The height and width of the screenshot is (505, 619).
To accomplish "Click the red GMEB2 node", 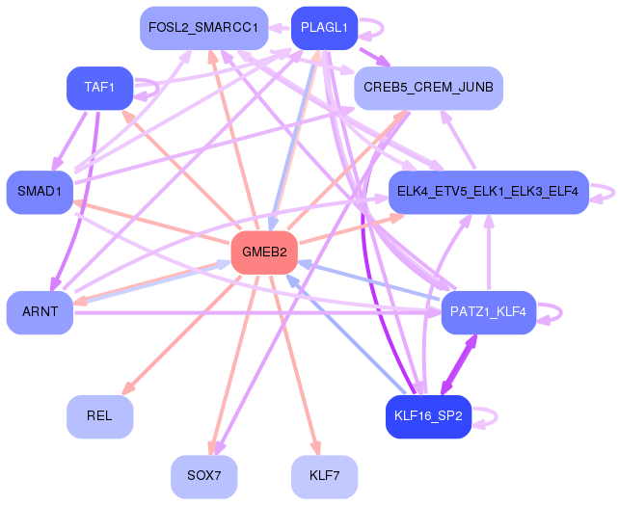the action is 264,252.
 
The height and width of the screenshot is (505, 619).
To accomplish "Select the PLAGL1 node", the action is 325,28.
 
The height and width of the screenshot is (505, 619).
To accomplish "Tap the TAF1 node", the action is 100,88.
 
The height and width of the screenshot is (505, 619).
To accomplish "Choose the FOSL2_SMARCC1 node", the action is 204,28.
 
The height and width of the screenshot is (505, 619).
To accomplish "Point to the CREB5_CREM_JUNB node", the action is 428,88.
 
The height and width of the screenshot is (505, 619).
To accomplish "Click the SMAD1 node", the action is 40,192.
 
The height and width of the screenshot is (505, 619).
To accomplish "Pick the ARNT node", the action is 40,312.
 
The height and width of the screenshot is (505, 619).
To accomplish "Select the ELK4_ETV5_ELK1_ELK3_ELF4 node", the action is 489,192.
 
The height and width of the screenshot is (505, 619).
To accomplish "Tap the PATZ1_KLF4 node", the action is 489,312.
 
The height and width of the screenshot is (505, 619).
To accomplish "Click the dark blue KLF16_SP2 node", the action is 428,416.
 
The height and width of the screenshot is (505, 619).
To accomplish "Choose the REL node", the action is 100,416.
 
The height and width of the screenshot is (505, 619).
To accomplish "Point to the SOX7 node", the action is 204,477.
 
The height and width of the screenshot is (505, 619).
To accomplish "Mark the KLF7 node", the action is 325,477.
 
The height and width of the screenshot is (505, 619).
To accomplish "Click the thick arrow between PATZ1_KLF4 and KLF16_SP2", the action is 459,364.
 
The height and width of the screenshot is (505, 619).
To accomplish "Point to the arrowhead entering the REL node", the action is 128,388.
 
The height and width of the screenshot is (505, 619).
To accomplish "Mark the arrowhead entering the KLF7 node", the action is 316,448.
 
